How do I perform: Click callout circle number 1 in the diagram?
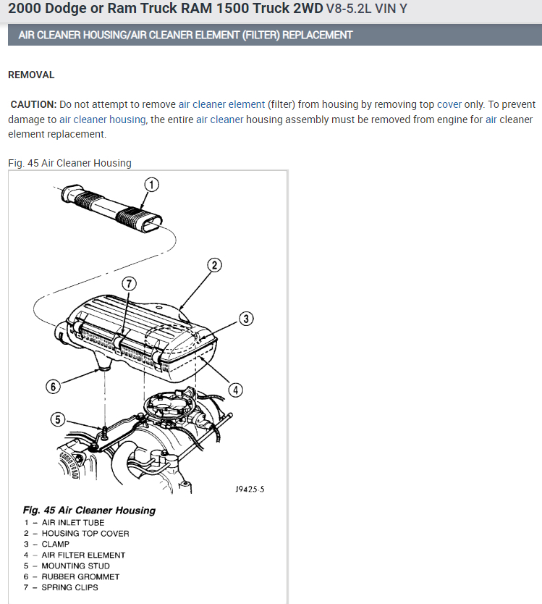(x=151, y=185)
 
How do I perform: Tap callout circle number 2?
(x=214, y=264)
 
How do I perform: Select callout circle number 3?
(x=246, y=319)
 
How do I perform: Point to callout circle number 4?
(x=235, y=390)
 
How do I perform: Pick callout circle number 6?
(x=52, y=387)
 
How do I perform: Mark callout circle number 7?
(x=128, y=284)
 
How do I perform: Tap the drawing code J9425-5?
(x=250, y=490)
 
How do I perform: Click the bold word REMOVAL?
(x=31, y=75)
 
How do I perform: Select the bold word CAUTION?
(x=33, y=104)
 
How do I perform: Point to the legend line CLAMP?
(x=56, y=544)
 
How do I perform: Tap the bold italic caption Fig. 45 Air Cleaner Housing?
(x=89, y=510)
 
